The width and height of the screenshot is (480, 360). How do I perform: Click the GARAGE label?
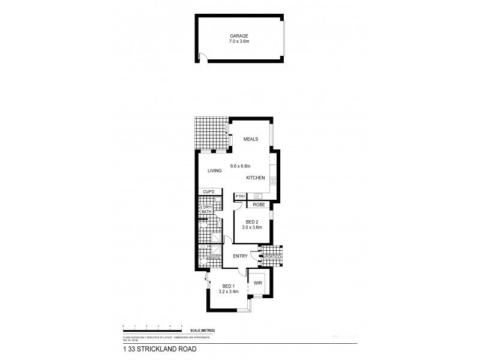click(x=240, y=35)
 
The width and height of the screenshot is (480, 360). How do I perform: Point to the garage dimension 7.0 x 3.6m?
click(x=240, y=41)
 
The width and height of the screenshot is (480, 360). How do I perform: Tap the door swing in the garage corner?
click(x=203, y=57)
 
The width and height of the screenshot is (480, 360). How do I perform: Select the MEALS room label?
click(x=250, y=139)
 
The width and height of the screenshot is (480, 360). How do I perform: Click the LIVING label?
click(x=215, y=171)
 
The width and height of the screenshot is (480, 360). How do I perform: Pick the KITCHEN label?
click(x=256, y=178)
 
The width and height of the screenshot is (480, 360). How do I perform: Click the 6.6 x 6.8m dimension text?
click(x=240, y=166)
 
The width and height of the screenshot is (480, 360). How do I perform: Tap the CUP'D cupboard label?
click(x=209, y=192)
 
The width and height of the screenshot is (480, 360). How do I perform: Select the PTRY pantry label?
click(x=241, y=196)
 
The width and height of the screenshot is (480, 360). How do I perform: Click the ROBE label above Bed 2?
click(x=251, y=205)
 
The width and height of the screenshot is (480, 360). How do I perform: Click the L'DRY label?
click(x=207, y=206)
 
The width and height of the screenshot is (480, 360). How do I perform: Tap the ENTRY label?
click(x=241, y=256)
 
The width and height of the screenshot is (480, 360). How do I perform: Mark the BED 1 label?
click(x=229, y=286)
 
